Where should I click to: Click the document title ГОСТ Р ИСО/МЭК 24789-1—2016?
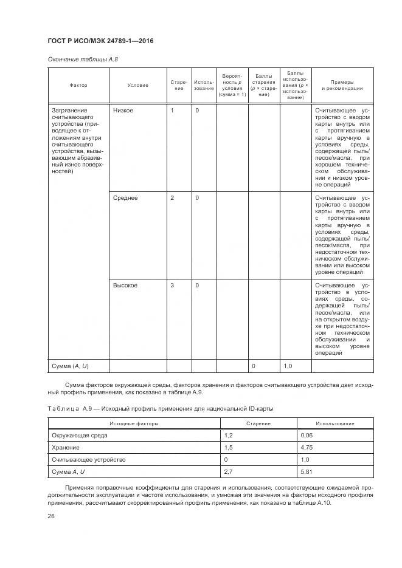pyautogui.click(x=100, y=41)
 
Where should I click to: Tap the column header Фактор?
pyautogui.click(x=78, y=86)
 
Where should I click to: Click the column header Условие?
pyautogui.click(x=137, y=86)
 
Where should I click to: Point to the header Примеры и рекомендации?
pyautogui.click(x=342, y=86)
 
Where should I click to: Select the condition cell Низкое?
pyautogui.click(x=123, y=111)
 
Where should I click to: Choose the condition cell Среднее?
pyautogui.click(x=125, y=198)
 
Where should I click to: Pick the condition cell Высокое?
pyautogui.click(x=125, y=286)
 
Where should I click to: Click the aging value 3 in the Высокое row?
pyautogui.click(x=172, y=286)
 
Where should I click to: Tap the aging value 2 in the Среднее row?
pyautogui.click(x=172, y=198)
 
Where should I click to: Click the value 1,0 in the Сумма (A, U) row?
pyautogui.click(x=289, y=366)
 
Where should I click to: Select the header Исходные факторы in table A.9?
pyautogui.click(x=134, y=423)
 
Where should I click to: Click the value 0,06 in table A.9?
pyautogui.click(x=307, y=436)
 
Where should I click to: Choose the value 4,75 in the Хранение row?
pyautogui.click(x=307, y=448)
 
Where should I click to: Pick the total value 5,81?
pyautogui.click(x=307, y=472)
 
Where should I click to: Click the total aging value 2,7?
pyautogui.click(x=230, y=472)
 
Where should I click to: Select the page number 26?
pyautogui.click(x=52, y=516)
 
